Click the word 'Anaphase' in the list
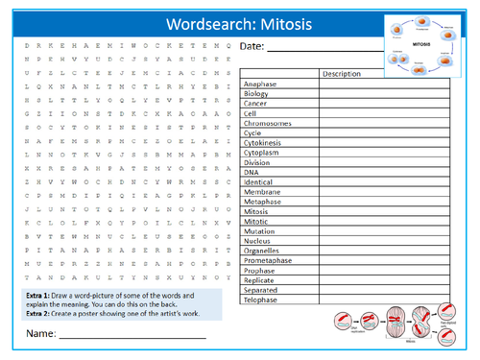260,84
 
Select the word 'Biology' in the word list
257,94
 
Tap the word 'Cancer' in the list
256,104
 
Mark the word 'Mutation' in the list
261,231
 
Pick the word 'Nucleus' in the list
259,241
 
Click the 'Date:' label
253,47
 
